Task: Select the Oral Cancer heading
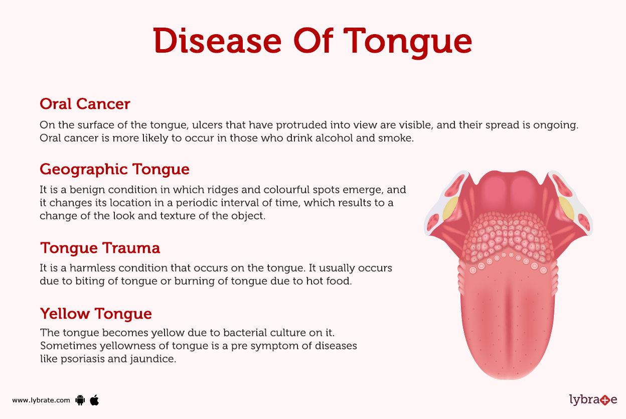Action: click(x=85, y=104)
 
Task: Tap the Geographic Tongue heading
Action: click(x=114, y=169)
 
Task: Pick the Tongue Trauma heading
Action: click(x=100, y=248)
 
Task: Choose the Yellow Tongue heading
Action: click(x=96, y=314)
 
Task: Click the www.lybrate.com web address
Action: click(x=41, y=400)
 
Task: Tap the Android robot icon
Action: click(x=80, y=400)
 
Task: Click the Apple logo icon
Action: click(x=94, y=400)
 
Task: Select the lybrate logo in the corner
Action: click(x=593, y=400)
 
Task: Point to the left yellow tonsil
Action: click(x=450, y=209)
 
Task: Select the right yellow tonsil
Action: click(x=567, y=208)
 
